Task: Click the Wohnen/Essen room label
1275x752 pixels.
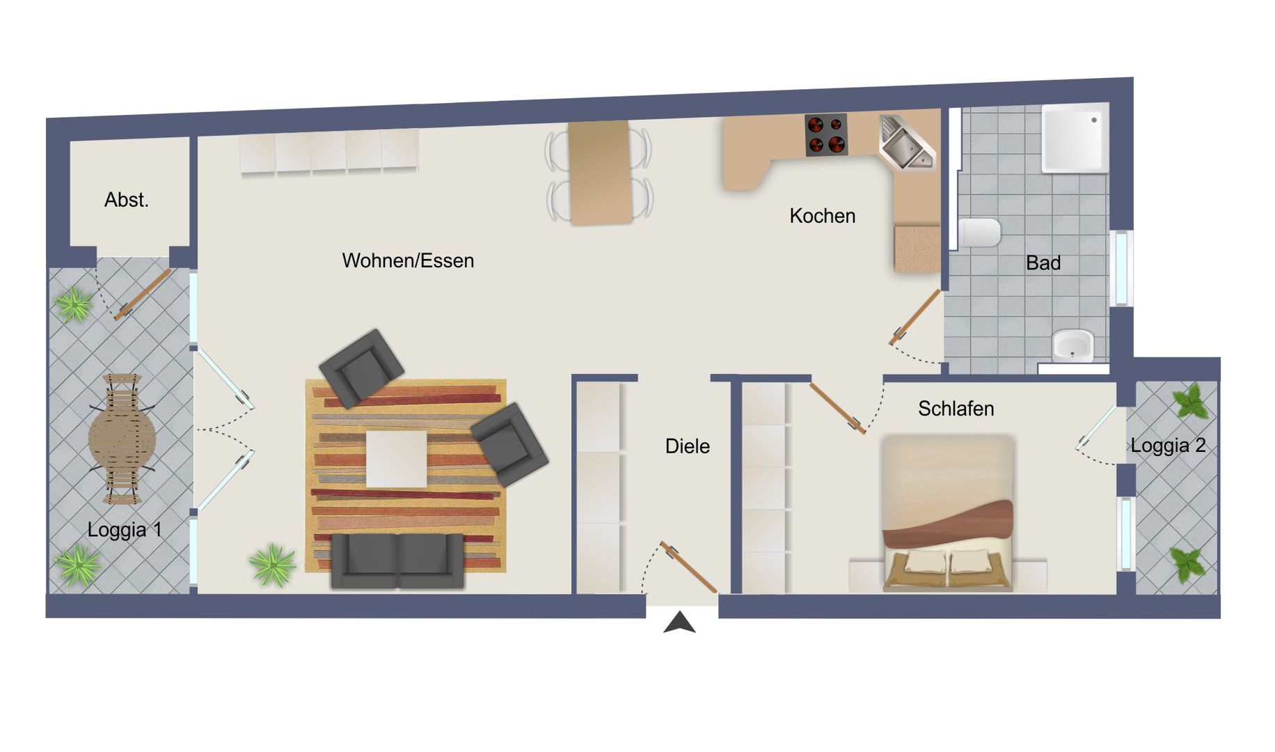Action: click(x=408, y=260)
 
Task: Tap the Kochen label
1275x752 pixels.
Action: click(x=822, y=216)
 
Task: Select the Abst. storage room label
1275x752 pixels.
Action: click(x=127, y=200)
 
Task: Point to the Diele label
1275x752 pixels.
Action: click(x=688, y=446)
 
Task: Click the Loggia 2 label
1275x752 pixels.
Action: click(x=1168, y=445)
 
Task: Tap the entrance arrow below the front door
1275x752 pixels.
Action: click(x=680, y=622)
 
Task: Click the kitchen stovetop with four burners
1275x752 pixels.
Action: click(x=826, y=134)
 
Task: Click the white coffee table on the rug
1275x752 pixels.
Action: click(x=397, y=459)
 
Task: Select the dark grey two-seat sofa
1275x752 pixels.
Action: click(x=397, y=561)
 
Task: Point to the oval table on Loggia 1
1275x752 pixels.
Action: click(x=122, y=439)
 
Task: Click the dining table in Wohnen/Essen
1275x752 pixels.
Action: click(x=600, y=173)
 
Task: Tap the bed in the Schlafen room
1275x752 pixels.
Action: click(x=947, y=513)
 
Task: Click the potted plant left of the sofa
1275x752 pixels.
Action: click(x=272, y=565)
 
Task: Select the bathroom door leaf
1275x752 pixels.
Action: click(x=915, y=318)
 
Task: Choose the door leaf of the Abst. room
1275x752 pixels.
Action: click(x=143, y=295)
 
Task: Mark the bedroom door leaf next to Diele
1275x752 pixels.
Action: click(x=837, y=409)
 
